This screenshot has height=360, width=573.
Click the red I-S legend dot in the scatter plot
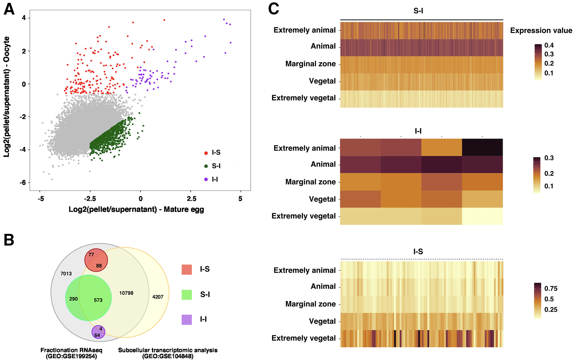pyautogui.click(x=206, y=153)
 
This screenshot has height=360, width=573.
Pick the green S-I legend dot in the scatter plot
pyautogui.click(x=206, y=166)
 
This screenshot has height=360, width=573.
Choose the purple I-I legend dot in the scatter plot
pyautogui.click(x=206, y=179)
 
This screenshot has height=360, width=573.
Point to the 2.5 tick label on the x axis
pyautogui.click(x=192, y=199)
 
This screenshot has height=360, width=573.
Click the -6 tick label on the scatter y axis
pyautogui.click(x=23, y=183)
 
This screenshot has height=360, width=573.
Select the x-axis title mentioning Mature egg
pyautogui.click(x=136, y=209)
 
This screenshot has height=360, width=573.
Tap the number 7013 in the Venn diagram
pyautogui.click(x=66, y=274)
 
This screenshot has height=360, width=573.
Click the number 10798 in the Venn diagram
pyautogui.click(x=126, y=293)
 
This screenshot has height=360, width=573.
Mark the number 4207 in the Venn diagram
pyautogui.click(x=158, y=297)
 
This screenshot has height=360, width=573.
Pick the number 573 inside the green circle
pyautogui.click(x=98, y=300)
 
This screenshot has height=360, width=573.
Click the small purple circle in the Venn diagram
pyautogui.click(x=98, y=332)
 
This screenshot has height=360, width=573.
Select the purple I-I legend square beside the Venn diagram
pyautogui.click(x=187, y=320)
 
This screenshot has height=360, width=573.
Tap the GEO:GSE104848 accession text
pyautogui.click(x=168, y=356)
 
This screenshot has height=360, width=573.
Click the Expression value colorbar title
pyautogui.click(x=541, y=31)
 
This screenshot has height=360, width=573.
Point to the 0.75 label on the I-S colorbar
pyautogui.click(x=551, y=288)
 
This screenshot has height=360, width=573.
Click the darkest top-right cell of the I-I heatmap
pyautogui.click(x=482, y=147)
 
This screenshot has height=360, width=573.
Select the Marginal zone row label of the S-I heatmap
pyautogui.click(x=310, y=64)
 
